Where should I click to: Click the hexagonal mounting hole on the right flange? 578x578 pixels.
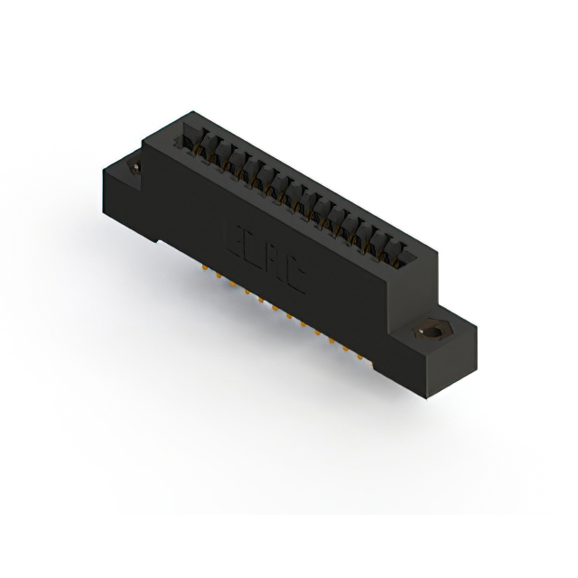pyautogui.click(x=428, y=331)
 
